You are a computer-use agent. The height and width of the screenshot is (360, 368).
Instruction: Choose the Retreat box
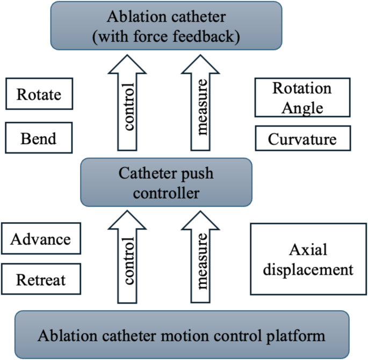click(41, 280)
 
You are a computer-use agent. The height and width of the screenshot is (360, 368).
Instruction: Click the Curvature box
click(302, 139)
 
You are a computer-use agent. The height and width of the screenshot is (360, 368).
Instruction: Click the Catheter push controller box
click(165, 182)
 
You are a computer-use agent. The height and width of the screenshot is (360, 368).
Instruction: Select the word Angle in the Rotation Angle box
click(305, 107)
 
